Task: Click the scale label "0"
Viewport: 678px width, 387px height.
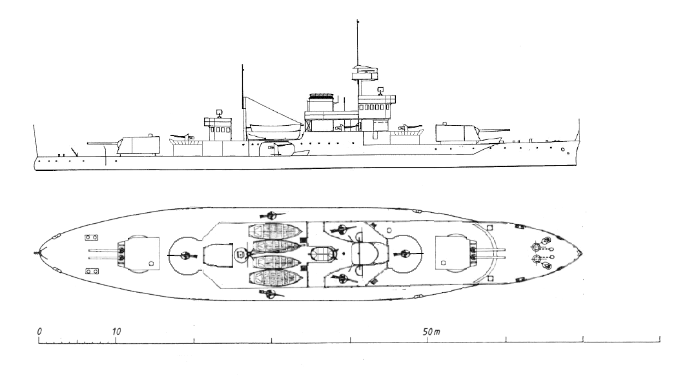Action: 40,332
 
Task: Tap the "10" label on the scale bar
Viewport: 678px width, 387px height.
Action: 116,332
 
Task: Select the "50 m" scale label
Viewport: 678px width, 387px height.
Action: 431,332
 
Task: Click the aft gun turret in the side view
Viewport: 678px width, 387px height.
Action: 138,145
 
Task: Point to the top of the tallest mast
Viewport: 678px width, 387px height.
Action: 358,21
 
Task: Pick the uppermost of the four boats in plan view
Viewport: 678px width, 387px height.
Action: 275,230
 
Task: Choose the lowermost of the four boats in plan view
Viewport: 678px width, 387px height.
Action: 275,278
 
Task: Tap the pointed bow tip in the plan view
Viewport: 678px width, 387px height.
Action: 582,253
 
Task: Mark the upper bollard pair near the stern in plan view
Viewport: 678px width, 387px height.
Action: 91,237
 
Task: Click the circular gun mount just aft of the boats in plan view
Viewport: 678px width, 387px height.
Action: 186,255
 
